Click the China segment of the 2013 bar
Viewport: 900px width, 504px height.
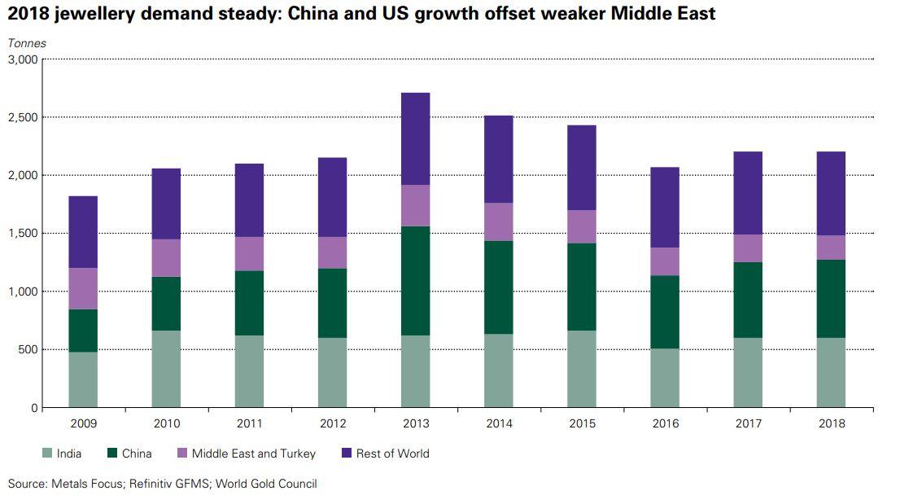(x=416, y=281)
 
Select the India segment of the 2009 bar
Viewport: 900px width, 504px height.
(x=83, y=379)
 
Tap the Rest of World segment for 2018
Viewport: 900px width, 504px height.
(x=831, y=194)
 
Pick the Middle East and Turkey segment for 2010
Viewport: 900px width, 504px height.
(x=166, y=258)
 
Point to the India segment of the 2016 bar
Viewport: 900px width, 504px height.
(x=665, y=378)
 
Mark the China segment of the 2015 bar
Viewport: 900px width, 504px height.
(x=582, y=287)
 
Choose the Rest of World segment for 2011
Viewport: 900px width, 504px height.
(x=249, y=200)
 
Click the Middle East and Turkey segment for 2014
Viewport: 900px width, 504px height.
(x=499, y=221)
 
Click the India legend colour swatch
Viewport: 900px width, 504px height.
(x=47, y=454)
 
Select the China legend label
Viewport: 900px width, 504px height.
(x=137, y=454)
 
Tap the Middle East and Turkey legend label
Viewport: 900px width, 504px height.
(x=253, y=454)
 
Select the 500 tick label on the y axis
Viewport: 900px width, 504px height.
(x=27, y=350)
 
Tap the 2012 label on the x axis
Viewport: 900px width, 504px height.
(x=333, y=423)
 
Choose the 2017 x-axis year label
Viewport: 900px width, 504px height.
(x=748, y=423)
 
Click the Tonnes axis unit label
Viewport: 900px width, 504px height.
(x=27, y=43)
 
